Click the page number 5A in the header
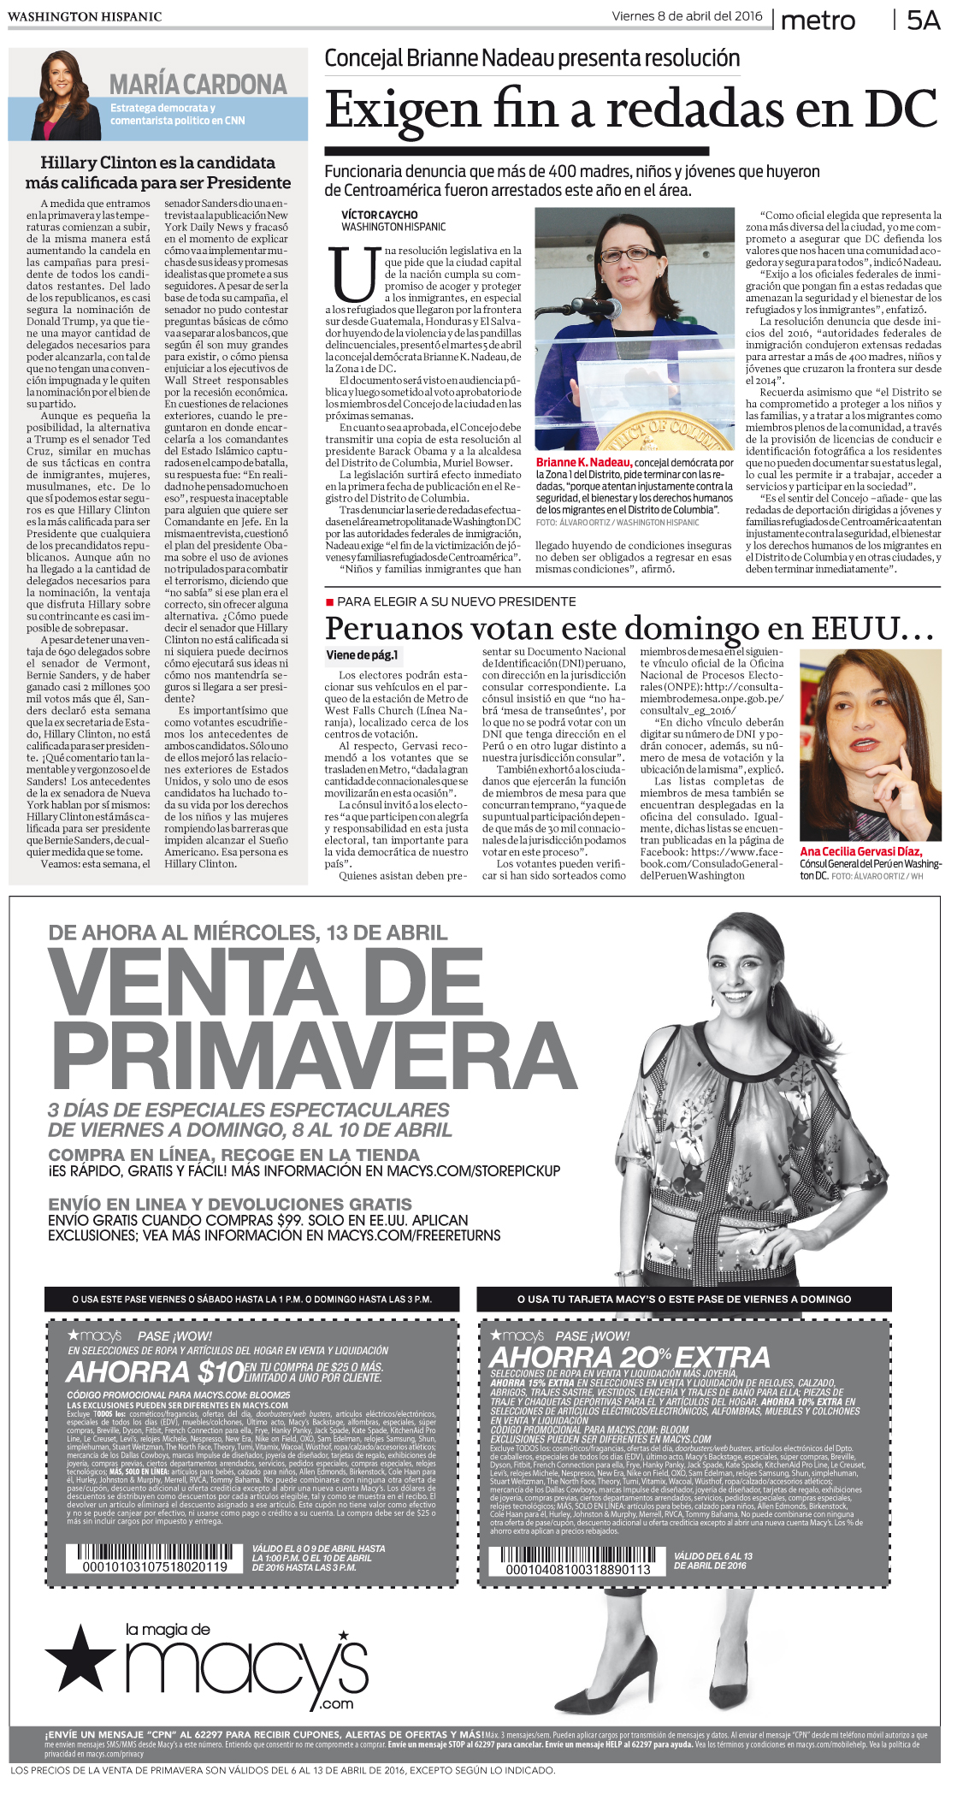point(923,21)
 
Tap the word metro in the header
point(818,21)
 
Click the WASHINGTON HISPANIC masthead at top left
point(85,16)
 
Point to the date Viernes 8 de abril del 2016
point(687,16)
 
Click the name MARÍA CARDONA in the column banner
point(198,85)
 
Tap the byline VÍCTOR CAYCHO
point(380,215)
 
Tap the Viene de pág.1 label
point(362,655)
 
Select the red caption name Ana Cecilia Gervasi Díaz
point(860,851)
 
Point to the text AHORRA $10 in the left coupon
point(156,1372)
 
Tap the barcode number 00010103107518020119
point(155,1567)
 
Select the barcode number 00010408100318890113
point(578,1570)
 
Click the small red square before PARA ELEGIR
point(329,602)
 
